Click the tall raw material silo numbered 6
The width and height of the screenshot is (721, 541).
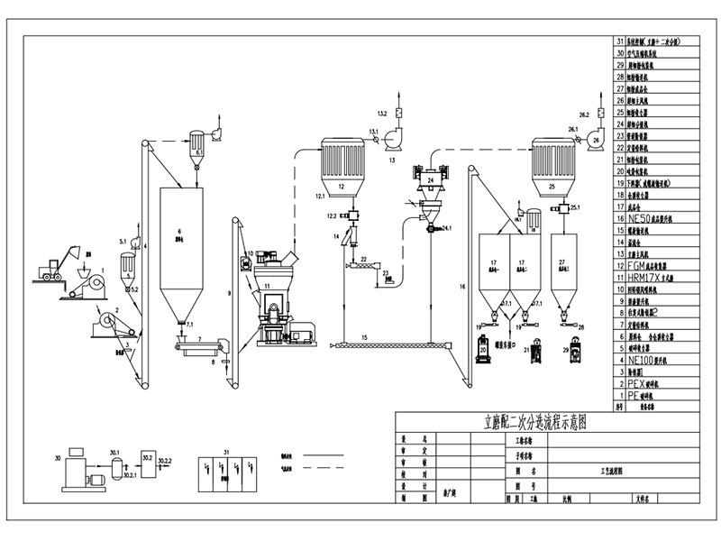pos(180,243)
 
